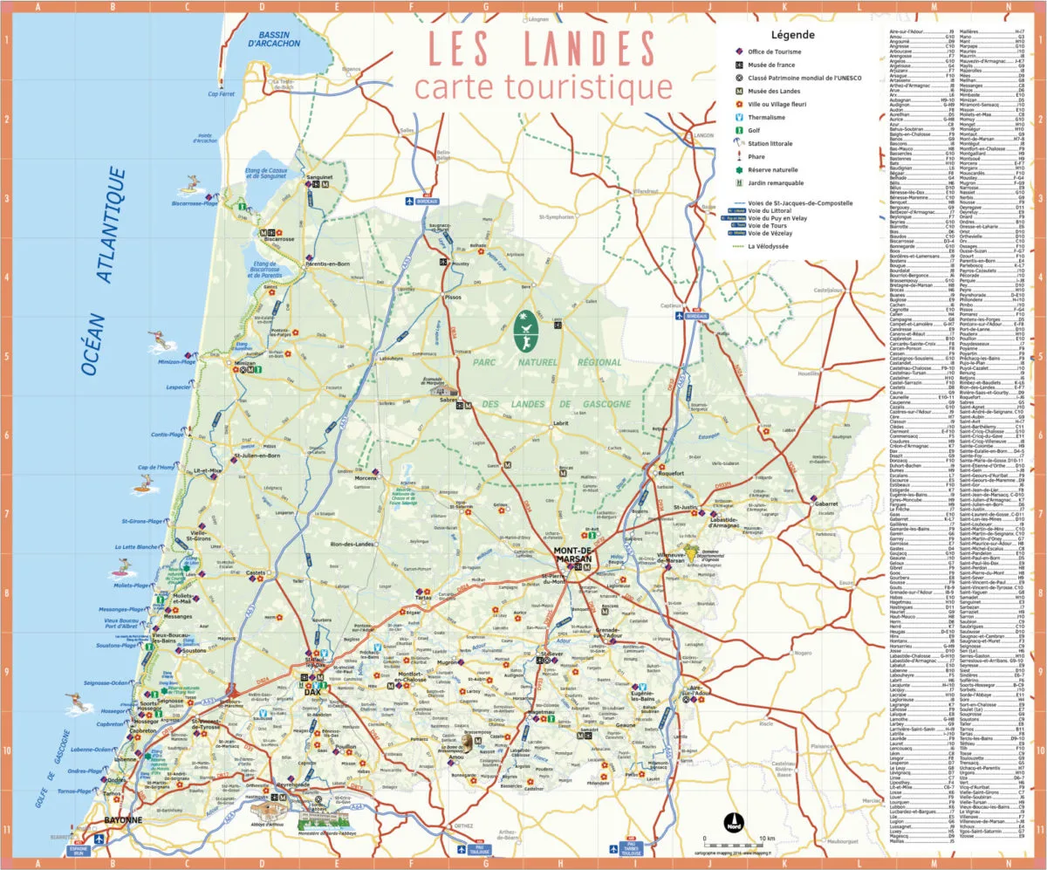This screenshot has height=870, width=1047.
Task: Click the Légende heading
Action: click(792, 36)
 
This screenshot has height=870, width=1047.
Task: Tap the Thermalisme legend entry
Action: click(765, 117)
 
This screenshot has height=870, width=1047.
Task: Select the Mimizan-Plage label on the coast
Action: click(177, 361)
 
